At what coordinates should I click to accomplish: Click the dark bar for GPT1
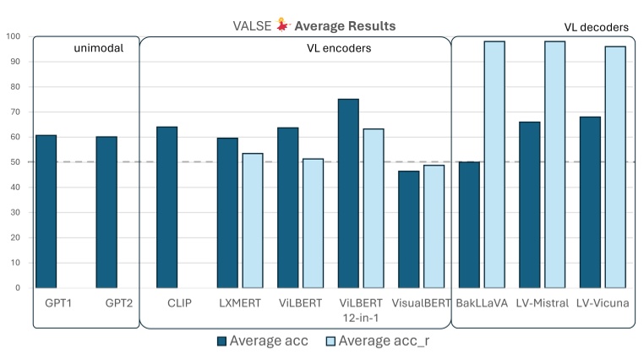coord(46,211)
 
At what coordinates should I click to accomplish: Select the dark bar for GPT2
coord(106,212)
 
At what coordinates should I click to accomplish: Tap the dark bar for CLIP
coord(167,207)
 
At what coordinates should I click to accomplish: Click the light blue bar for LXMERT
coord(252,221)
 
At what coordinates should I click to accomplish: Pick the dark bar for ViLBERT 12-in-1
coord(348,194)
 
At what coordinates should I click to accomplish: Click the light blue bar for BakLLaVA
coord(494,165)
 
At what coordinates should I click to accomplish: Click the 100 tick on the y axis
coord(14,36)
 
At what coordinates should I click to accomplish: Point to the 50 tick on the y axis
coord(17,162)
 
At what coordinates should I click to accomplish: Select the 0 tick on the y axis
coord(19,288)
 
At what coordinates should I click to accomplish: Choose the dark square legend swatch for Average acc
coord(222,341)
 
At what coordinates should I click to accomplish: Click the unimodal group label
coord(99,49)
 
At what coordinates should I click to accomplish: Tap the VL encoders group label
coord(338,49)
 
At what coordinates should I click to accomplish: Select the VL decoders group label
coord(596,28)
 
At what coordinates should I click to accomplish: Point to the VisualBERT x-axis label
coord(422,303)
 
